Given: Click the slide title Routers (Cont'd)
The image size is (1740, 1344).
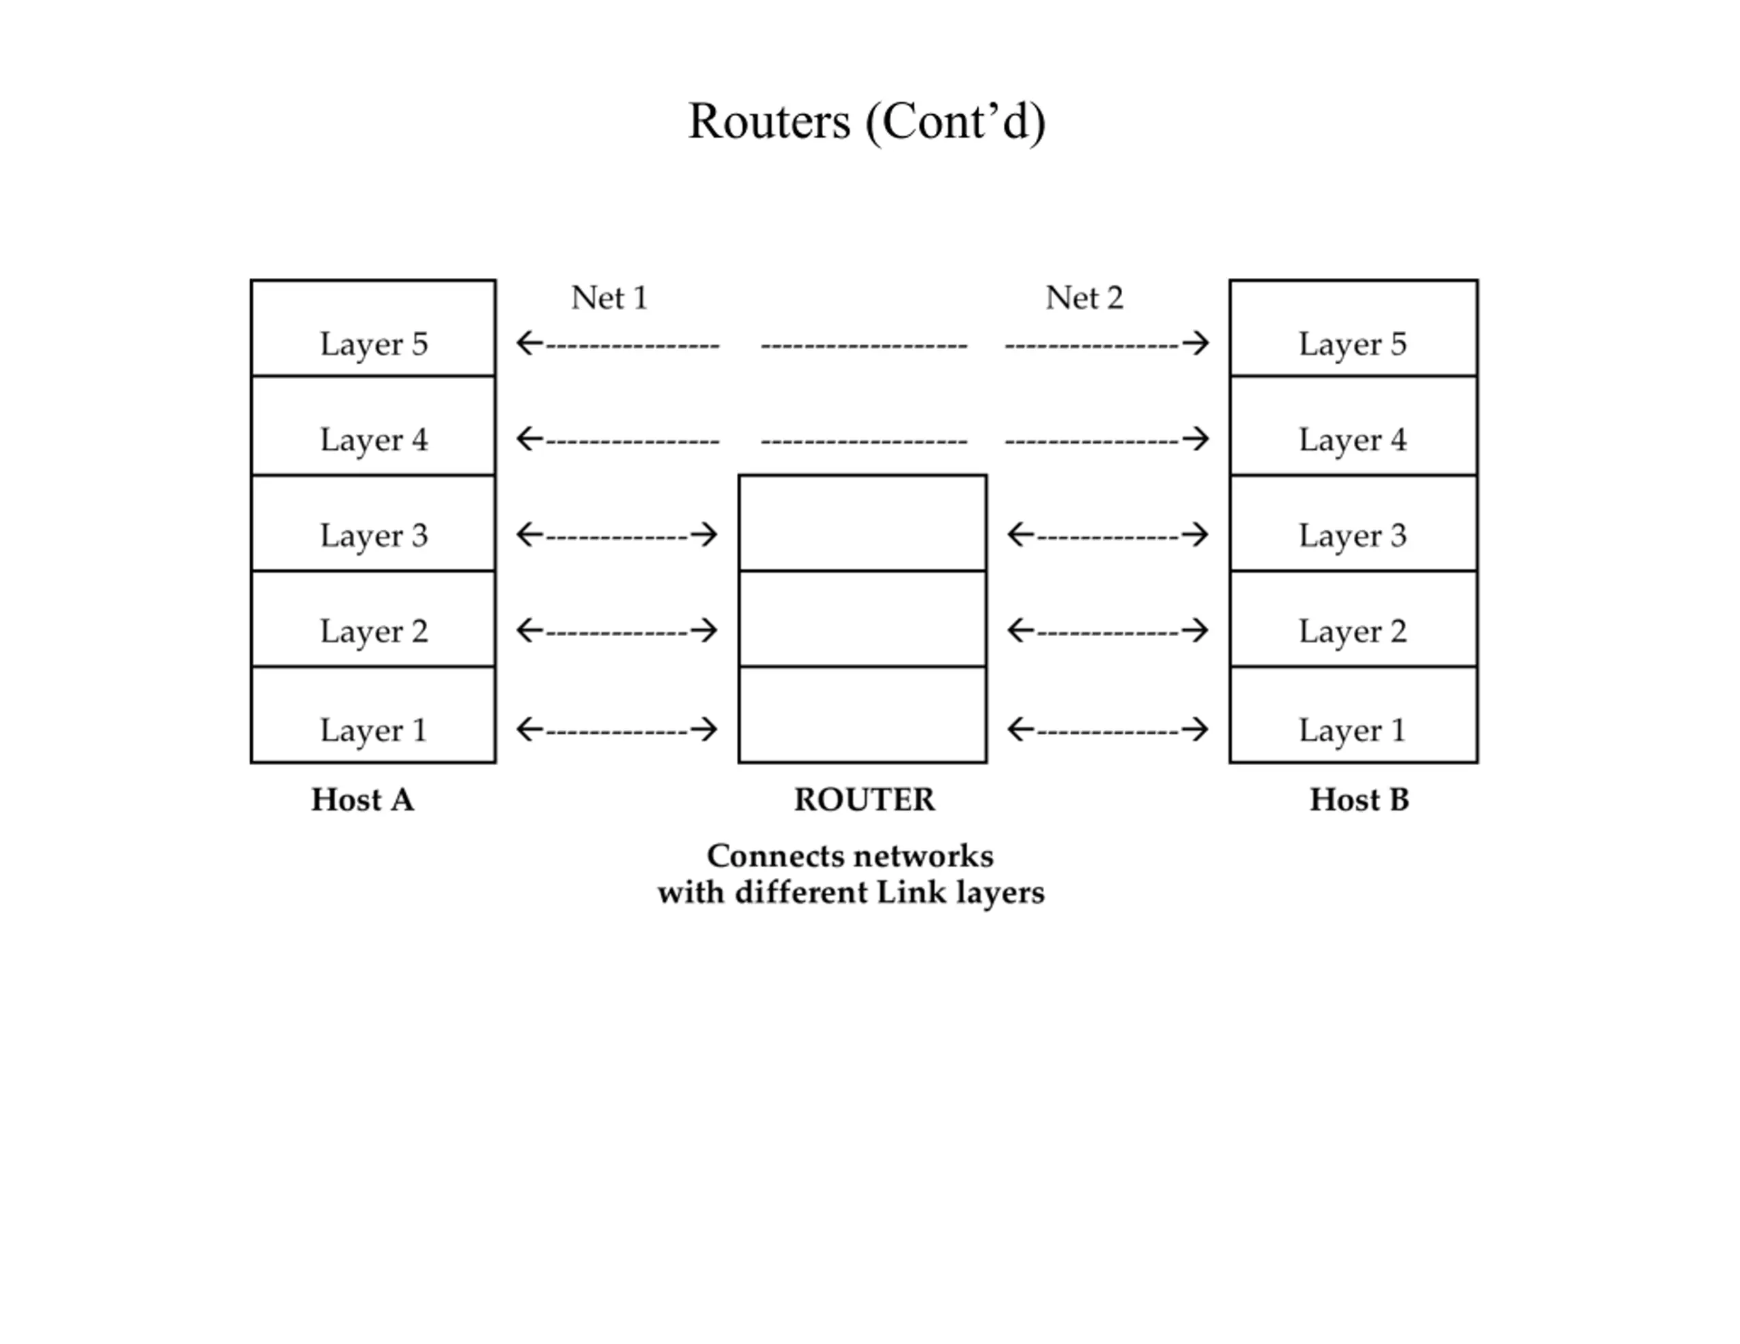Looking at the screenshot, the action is click(x=867, y=122).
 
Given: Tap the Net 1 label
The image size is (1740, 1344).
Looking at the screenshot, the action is click(x=610, y=298).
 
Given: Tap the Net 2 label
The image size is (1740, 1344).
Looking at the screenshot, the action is click(x=1084, y=298).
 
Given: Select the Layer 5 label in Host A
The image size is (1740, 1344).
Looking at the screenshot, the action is click(x=374, y=345).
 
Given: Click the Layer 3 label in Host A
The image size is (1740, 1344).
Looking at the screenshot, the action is click(x=374, y=536).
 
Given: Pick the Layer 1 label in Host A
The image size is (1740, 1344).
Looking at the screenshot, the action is click(x=374, y=730).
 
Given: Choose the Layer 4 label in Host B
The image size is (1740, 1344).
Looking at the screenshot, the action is click(x=1353, y=440).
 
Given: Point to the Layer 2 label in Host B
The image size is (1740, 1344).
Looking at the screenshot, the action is click(x=1353, y=632).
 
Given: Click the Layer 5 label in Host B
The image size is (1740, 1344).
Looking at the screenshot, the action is click(x=1353, y=345).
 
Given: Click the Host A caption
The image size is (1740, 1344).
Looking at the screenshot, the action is click(x=362, y=800).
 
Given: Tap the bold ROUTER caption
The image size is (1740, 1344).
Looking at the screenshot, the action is click(x=865, y=800).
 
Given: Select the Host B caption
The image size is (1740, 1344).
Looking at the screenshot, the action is click(x=1359, y=800).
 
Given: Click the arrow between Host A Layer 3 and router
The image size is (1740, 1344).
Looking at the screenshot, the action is click(x=616, y=535).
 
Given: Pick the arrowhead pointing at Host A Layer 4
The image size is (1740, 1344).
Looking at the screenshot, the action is click(x=529, y=439).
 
